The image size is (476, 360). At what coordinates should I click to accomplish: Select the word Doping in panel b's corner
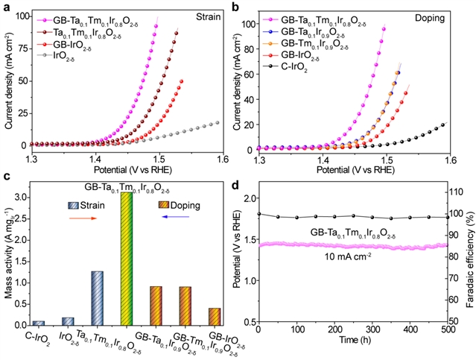446,15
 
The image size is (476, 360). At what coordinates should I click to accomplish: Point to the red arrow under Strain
87,218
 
